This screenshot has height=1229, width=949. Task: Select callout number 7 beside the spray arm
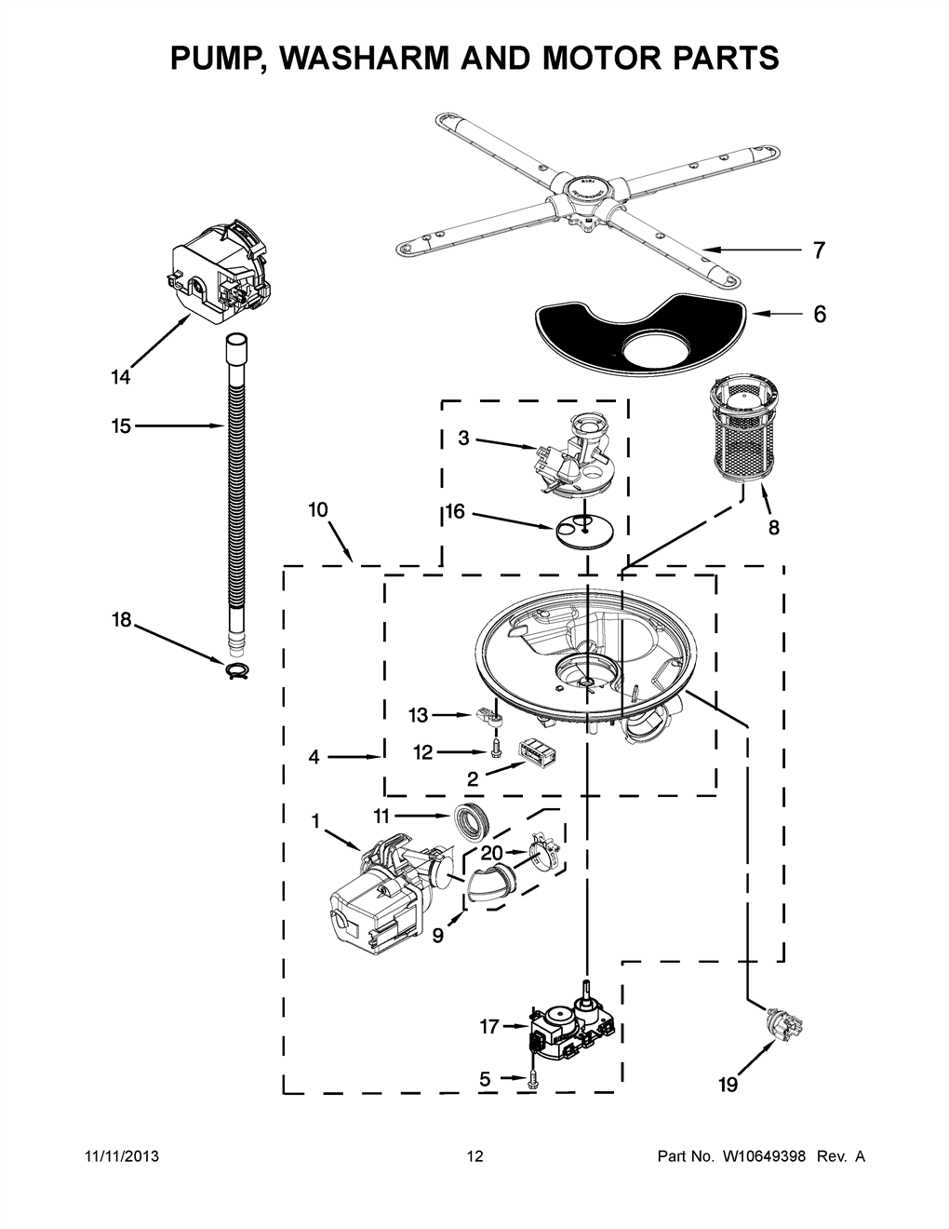point(819,250)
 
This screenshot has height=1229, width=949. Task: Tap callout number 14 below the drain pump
point(120,377)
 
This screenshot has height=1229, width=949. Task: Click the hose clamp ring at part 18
point(238,669)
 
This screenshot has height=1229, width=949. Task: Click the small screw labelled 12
point(496,749)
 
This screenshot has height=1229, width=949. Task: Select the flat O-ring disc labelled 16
point(584,530)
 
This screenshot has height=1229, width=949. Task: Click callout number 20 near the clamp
point(492,852)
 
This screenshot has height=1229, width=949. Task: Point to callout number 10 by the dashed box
point(318,509)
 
